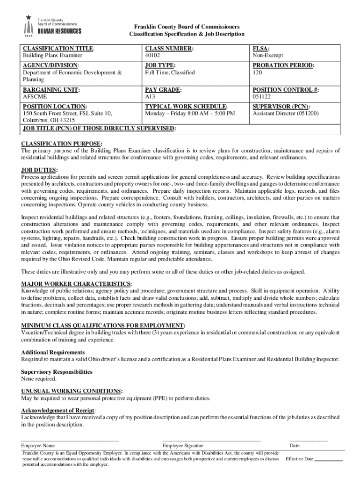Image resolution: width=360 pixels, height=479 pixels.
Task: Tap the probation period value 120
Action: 257,73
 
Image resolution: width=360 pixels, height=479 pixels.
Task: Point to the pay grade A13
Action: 150,97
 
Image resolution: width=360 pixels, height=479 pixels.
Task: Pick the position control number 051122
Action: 261,97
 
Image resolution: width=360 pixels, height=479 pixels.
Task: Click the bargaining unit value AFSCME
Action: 35,97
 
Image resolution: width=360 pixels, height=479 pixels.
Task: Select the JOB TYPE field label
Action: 160,65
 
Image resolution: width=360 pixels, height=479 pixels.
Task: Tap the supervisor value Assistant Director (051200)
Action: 285,114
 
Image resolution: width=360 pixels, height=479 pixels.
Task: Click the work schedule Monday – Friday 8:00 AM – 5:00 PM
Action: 190,114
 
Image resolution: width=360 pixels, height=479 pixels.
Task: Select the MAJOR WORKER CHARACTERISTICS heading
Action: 76,283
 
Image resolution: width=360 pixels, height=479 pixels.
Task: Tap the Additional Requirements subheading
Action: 53,352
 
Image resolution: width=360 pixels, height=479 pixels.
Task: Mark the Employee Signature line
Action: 211,441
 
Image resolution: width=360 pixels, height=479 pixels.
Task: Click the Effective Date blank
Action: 329,459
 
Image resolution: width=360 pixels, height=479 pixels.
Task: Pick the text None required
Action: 39,379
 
